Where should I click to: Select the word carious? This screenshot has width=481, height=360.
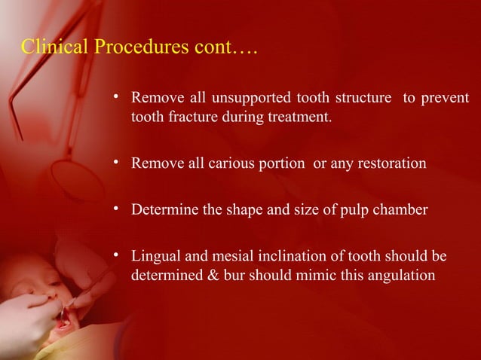coord(232,163)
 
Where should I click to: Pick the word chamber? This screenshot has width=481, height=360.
coord(401,210)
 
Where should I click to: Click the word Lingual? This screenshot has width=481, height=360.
coord(155,257)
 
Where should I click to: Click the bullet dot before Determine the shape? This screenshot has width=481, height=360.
coord(117,209)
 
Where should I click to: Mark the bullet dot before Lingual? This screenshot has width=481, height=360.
coord(117,256)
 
